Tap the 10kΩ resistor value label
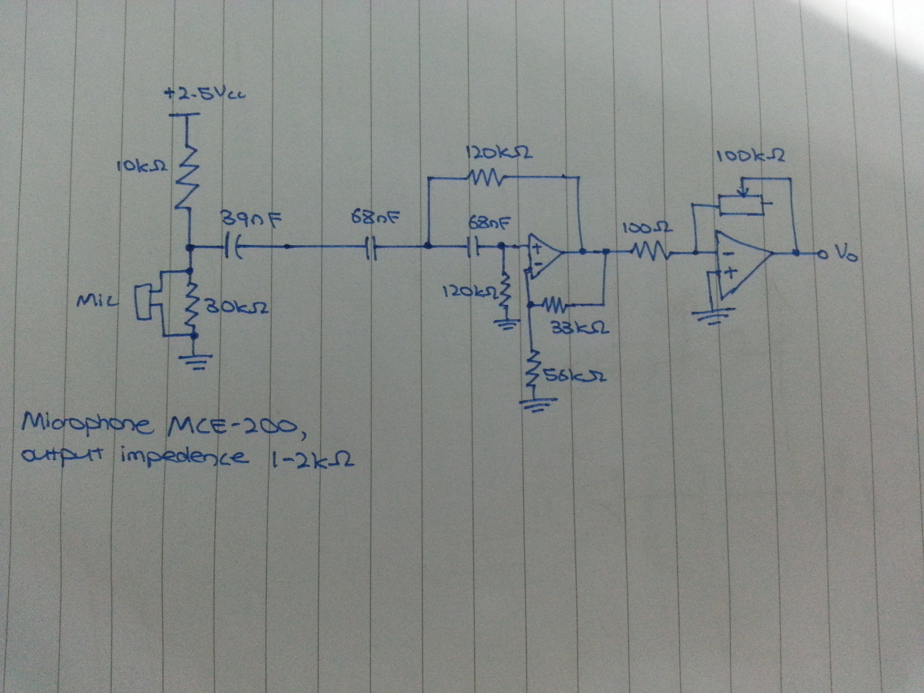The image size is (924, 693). pyautogui.click(x=142, y=167)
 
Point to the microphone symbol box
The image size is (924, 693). pyautogui.click(x=143, y=301)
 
